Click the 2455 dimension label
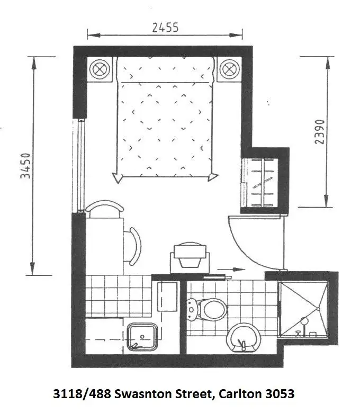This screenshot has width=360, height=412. point(165,27)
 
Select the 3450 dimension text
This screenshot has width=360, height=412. point(25,166)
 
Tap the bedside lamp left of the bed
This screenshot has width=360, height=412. point(100,69)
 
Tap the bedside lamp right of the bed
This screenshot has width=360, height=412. point(229,69)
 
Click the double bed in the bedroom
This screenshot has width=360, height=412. point(165,119)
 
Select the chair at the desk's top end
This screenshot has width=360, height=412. point(104,208)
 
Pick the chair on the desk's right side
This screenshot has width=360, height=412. point(134,246)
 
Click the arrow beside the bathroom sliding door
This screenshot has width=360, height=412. point(224,269)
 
